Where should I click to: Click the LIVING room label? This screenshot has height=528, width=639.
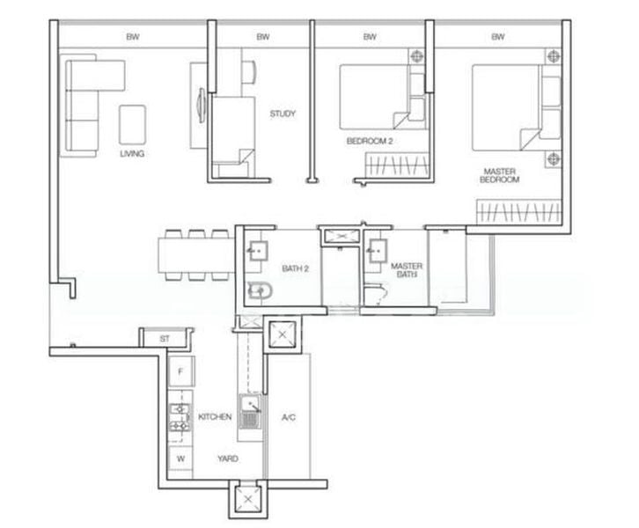(133, 154)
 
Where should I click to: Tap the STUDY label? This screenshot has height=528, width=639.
(283, 114)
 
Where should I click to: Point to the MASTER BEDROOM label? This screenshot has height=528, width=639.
(499, 174)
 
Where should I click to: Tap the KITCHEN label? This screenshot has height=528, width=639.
(215, 416)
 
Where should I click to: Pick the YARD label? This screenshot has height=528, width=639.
(231, 458)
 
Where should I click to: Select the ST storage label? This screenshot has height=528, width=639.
(164, 338)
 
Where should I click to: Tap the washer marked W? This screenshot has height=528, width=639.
(180, 458)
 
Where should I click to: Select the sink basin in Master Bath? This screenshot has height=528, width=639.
(382, 249)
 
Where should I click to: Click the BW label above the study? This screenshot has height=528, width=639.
(262, 37)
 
